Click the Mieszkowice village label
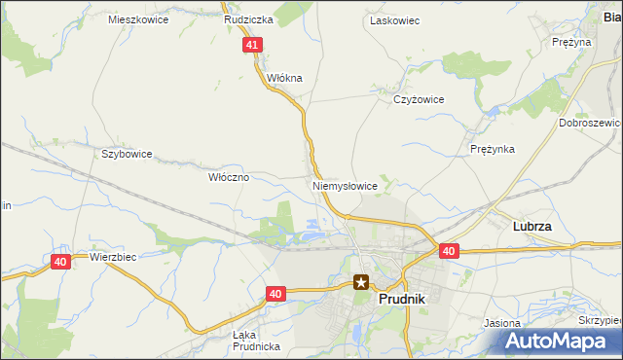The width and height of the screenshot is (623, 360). (x=137, y=19)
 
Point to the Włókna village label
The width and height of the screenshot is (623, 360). (x=285, y=78)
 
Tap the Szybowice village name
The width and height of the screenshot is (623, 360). (x=127, y=154)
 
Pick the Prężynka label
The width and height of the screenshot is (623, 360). (x=492, y=149)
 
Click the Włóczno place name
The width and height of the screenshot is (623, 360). (x=230, y=177)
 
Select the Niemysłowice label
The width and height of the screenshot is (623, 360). (x=345, y=185)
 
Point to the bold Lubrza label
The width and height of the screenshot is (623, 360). (x=532, y=226)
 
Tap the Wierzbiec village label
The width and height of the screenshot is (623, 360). (x=112, y=258)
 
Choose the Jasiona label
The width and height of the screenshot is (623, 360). (x=502, y=322)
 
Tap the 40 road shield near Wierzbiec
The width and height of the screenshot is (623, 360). (x=60, y=262)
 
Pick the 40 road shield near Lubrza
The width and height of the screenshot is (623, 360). (x=448, y=251)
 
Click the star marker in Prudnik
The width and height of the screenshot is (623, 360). (x=362, y=283)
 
